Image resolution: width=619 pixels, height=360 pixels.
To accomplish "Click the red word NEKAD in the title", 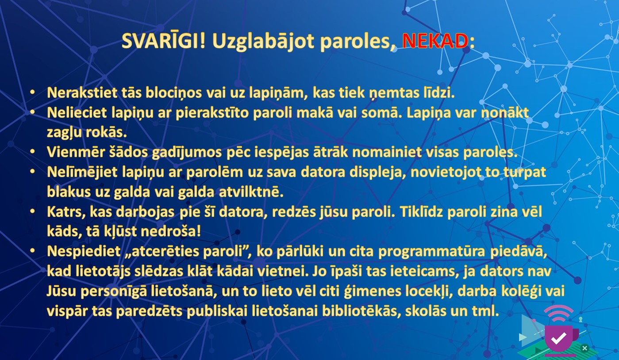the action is pyautogui.click(x=435, y=41).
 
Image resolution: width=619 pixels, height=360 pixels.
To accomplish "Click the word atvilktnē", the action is pyautogui.click(x=251, y=192).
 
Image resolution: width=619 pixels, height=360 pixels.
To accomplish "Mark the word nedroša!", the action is pyautogui.click(x=171, y=232).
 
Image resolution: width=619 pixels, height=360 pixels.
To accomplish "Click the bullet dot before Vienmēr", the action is pyautogui.click(x=32, y=151).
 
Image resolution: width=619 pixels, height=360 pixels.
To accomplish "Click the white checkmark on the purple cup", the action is pyautogui.click(x=558, y=338).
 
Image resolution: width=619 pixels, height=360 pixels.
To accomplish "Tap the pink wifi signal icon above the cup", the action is pyautogui.click(x=558, y=313).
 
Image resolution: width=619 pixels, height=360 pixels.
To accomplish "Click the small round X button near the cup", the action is pyautogui.click(x=584, y=348).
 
